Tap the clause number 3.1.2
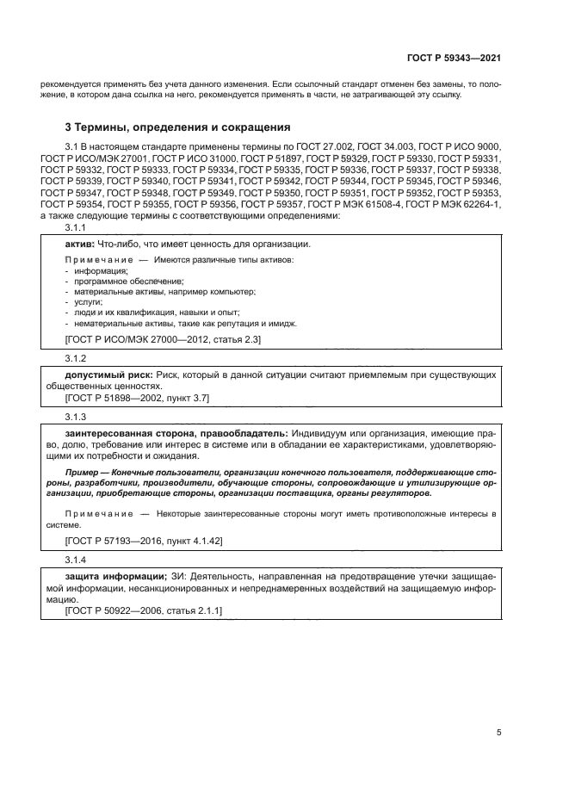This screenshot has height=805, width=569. click(76, 358)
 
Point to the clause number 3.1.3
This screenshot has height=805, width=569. click(76, 416)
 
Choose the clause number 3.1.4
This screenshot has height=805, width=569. click(76, 560)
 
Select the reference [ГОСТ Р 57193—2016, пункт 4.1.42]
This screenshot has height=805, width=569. click(144, 542)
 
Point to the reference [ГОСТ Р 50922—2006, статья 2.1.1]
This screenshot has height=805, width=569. click(144, 610)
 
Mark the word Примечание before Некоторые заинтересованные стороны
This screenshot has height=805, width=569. click(96, 513)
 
